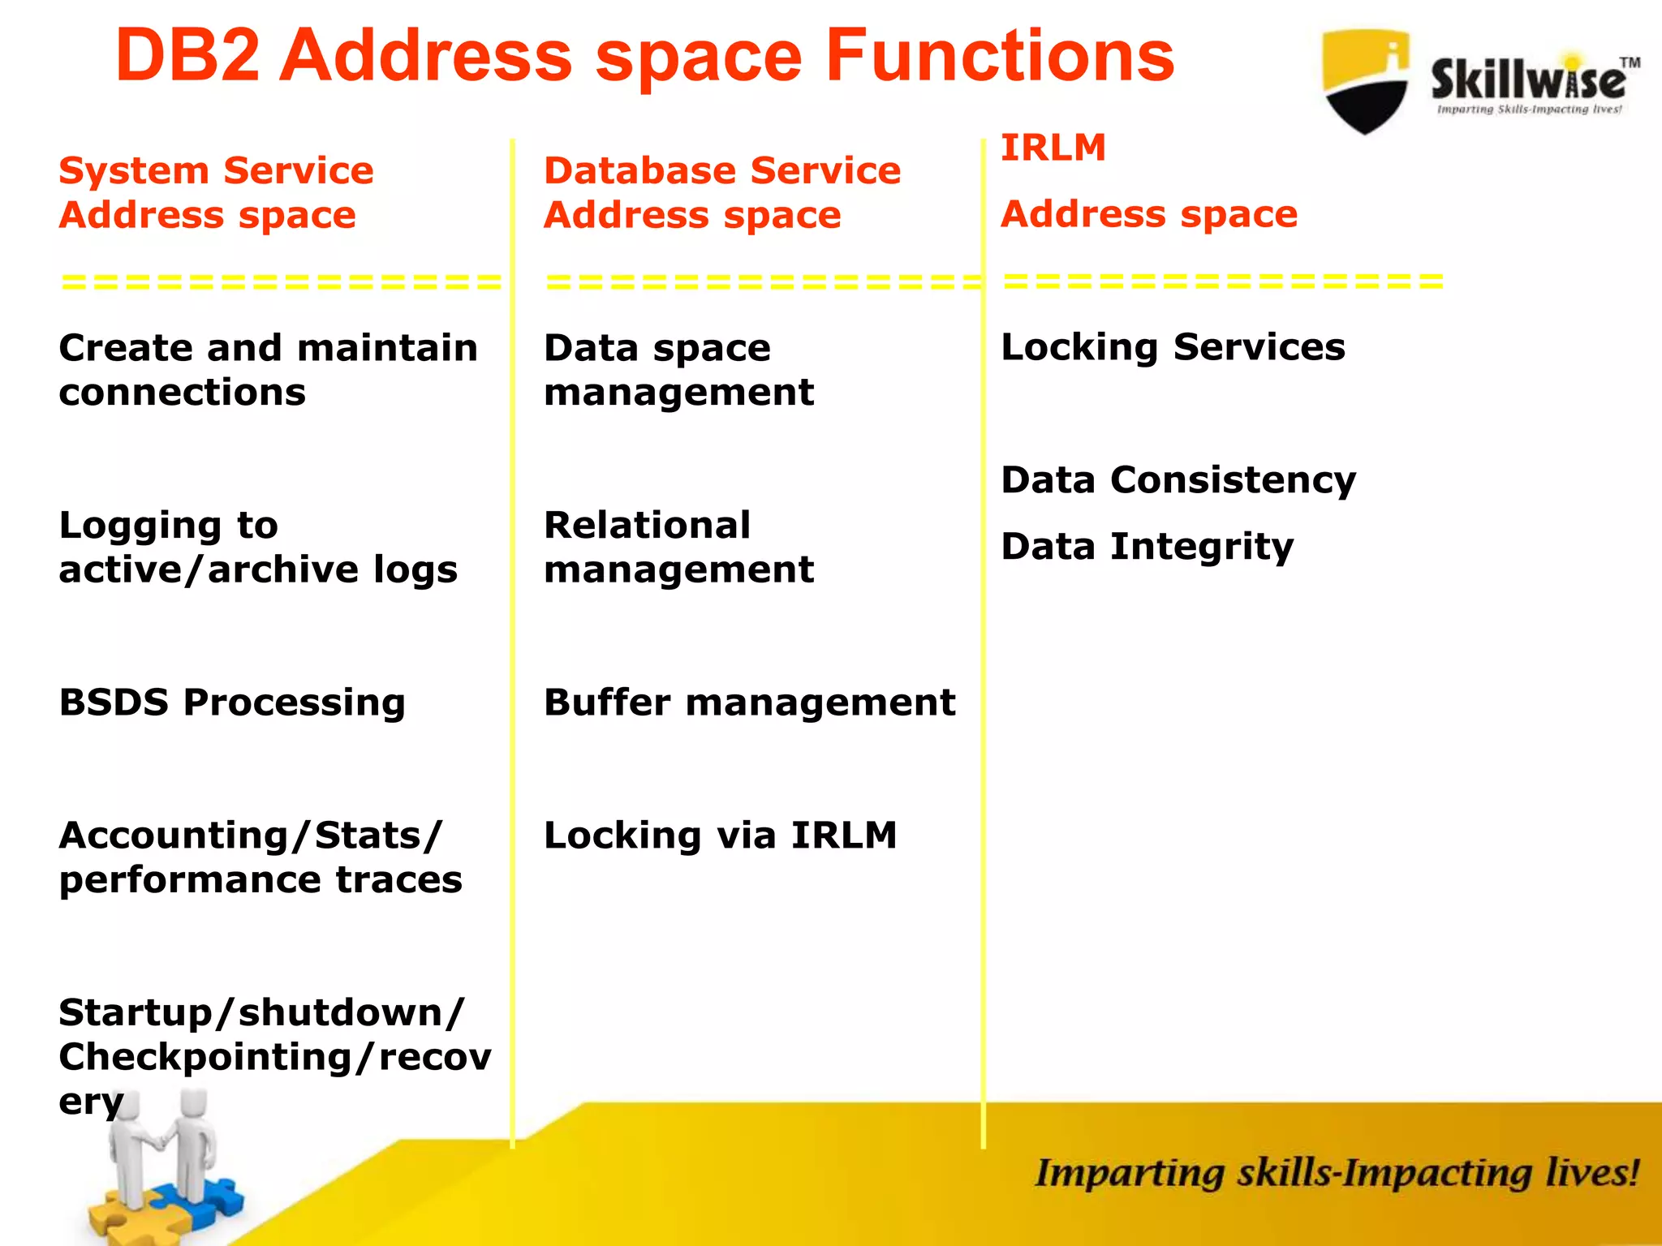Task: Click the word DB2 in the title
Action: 187,57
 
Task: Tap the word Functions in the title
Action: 1000,57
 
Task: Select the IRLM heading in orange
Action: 1053,148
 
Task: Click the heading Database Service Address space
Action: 721,193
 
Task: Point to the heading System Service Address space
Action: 216,193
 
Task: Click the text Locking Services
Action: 1173,348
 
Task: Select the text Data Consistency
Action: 1178,480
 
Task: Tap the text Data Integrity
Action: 1147,547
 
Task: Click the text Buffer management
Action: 749,702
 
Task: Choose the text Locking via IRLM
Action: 720,836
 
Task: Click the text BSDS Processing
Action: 232,702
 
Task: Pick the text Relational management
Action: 678,548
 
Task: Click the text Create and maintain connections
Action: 268,370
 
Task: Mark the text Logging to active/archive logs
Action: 258,548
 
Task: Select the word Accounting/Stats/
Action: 251,836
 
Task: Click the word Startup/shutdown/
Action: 261,1012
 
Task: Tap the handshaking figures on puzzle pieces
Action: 166,1168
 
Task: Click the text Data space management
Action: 678,370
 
